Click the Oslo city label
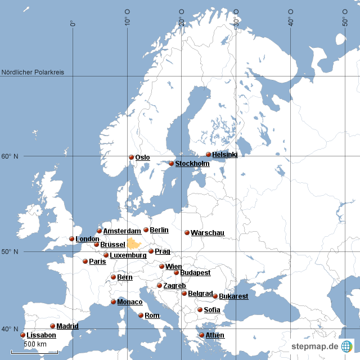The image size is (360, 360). click(142, 157)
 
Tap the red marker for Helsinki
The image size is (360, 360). click(208, 154)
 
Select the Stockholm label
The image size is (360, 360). click(192, 164)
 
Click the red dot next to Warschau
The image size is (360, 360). click(187, 232)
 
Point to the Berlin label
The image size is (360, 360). click(159, 229)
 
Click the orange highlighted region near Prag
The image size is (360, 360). click(134, 243)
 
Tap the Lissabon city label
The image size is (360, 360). click(41, 335)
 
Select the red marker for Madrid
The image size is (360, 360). click(52, 326)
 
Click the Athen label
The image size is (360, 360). click(214, 335)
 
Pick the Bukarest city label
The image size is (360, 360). click(233, 296)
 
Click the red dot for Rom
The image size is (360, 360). click(141, 315)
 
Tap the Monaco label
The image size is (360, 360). click(129, 302)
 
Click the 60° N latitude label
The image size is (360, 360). click(9, 156)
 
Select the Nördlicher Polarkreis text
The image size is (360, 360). click(33, 72)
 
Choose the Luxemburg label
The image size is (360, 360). click(128, 255)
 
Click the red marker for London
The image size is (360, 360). click(71, 238)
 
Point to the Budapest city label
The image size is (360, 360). click(195, 272)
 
